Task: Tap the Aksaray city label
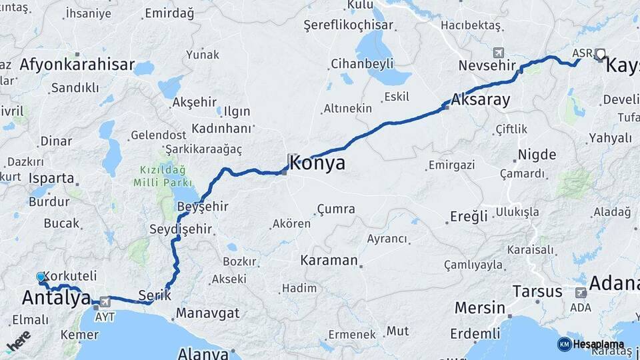pos(480,100)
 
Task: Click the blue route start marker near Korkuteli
pos(41,277)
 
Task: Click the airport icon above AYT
pos(104,301)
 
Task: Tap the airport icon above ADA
pos(580,292)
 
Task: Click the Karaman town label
pos(329,259)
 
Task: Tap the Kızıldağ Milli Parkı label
pos(163,176)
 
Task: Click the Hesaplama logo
pos(591,344)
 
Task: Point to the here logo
pos(18,341)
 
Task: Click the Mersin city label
pos(479,308)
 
